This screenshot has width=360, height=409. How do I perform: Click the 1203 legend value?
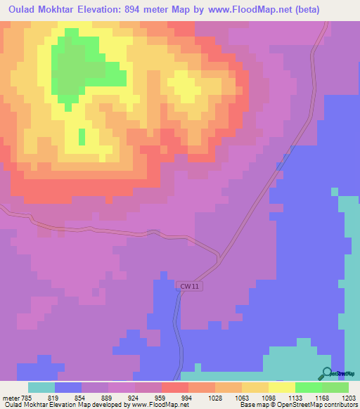(x=349, y=397)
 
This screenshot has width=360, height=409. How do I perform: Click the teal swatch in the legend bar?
(x=41, y=387)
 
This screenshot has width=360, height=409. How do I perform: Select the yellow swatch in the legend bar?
(x=281, y=387)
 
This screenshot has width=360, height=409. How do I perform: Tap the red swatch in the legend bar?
(x=174, y=387)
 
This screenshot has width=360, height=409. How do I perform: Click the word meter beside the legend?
(x=11, y=397)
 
